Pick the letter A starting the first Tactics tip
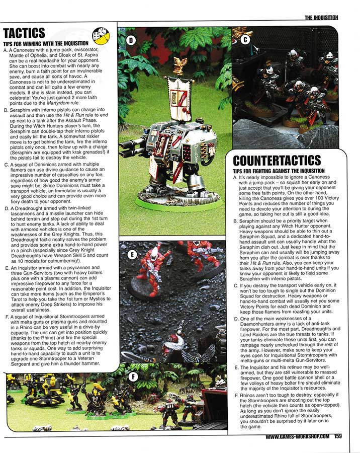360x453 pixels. (x=5, y=50)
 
